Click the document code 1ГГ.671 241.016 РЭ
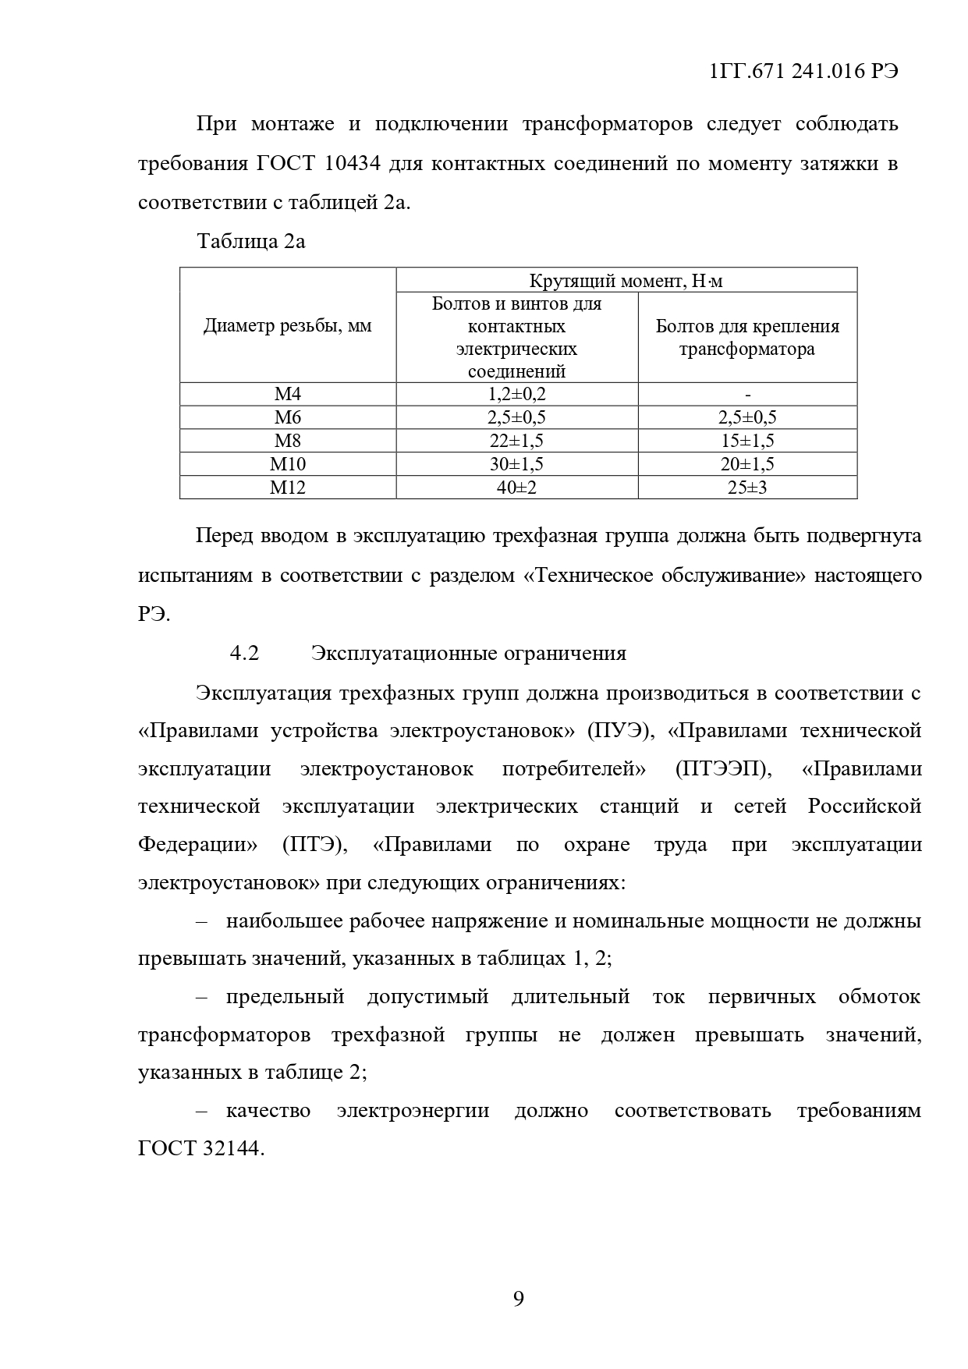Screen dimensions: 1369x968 (803, 71)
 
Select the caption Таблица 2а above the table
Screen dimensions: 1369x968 (250, 241)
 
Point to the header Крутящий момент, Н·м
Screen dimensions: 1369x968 (626, 281)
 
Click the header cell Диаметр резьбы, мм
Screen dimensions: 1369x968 (287, 326)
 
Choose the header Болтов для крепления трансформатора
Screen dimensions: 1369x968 (747, 338)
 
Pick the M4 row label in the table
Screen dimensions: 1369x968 (287, 394)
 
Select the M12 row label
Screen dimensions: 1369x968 (287, 488)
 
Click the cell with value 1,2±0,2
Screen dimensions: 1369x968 (516, 394)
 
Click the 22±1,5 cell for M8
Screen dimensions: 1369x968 (516, 441)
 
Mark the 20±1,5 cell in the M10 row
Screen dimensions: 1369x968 (747, 465)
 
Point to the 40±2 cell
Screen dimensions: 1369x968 (516, 488)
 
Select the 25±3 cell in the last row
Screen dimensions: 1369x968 (747, 488)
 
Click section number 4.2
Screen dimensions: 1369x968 (244, 653)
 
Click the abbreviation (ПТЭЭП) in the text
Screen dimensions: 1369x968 (723, 769)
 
